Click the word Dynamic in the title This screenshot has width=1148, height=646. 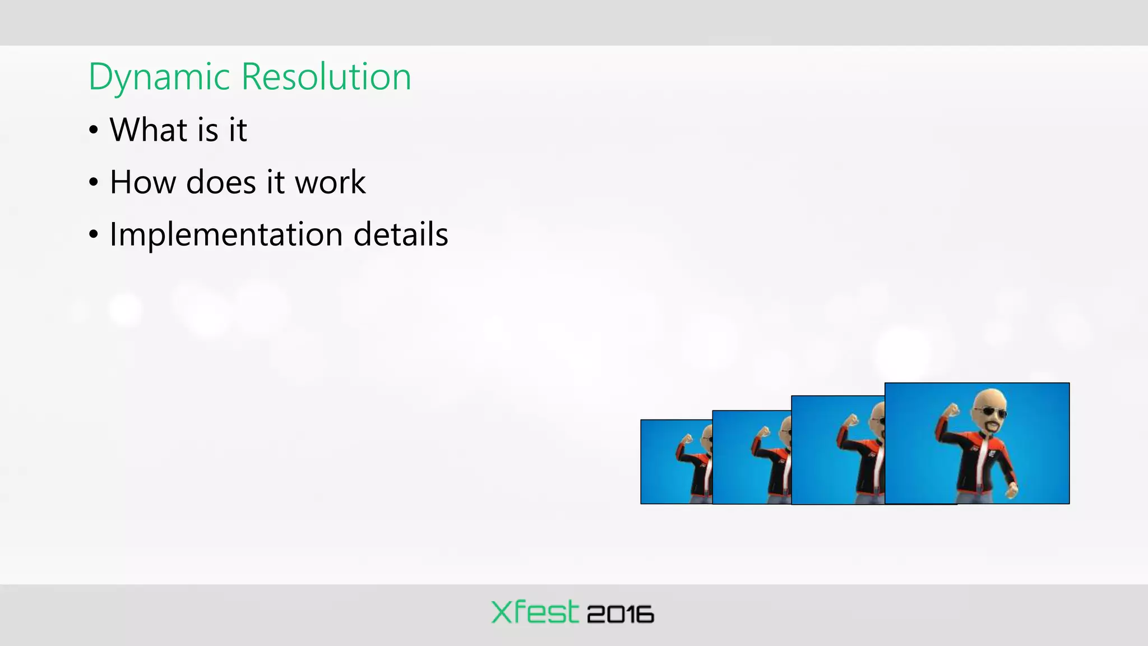coord(159,77)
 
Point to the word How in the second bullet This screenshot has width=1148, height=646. coord(142,182)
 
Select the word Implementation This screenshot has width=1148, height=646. coord(226,234)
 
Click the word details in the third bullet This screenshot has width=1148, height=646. coord(401,234)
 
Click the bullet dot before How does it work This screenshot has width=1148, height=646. coord(94,183)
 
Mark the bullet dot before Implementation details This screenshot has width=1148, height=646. coord(94,235)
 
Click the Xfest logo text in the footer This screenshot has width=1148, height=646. coord(534,612)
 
